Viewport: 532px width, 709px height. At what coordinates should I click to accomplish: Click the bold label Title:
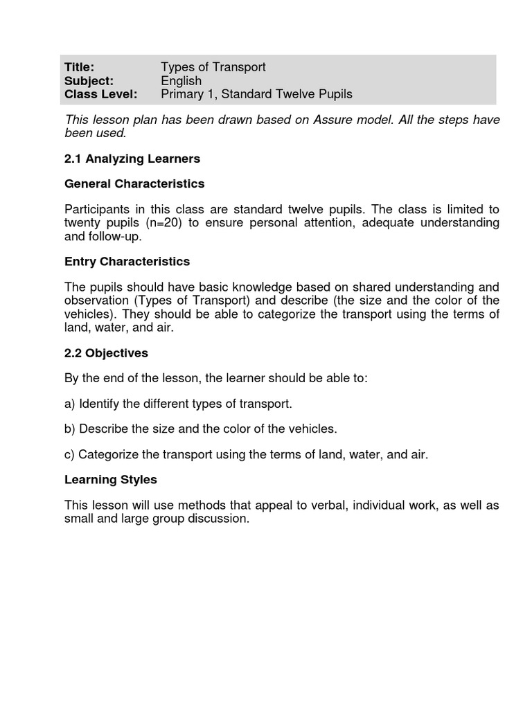(79, 67)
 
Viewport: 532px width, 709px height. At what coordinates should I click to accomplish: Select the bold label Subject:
(89, 81)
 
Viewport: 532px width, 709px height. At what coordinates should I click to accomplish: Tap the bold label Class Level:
(100, 94)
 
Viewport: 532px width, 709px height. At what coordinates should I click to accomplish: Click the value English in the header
(181, 81)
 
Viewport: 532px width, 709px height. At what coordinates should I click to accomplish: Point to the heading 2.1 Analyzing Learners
(132, 159)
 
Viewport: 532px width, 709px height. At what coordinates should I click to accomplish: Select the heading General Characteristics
(134, 184)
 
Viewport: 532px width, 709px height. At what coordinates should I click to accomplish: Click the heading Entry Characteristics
(127, 262)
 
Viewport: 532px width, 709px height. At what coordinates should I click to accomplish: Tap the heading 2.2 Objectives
(106, 353)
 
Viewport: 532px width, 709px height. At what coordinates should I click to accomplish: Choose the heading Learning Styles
(110, 479)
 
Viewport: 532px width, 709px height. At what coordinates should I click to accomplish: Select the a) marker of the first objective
(70, 404)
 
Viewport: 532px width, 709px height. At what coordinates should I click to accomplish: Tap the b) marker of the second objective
(70, 429)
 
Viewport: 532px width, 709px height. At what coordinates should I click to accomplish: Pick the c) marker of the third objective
(70, 454)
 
